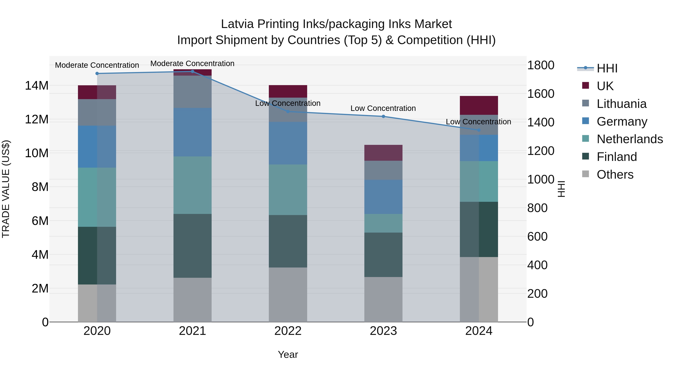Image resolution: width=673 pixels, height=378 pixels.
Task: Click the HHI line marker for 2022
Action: click(288, 112)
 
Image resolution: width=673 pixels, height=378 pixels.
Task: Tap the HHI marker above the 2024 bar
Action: click(479, 130)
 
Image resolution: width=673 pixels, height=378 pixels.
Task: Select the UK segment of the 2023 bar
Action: click(383, 153)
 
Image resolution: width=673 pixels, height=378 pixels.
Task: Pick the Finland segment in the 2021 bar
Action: click(192, 246)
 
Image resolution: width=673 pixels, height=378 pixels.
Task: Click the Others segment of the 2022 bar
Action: click(288, 295)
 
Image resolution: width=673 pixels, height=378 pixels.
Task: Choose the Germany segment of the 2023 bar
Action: click(383, 197)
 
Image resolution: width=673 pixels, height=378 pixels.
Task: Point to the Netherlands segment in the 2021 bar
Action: click(192, 185)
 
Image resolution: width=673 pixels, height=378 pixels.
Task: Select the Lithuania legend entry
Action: click(621, 104)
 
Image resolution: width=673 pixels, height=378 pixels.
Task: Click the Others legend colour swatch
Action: click(586, 174)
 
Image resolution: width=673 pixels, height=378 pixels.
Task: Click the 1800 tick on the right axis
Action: click(540, 65)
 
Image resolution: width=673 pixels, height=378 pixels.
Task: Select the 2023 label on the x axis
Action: click(383, 331)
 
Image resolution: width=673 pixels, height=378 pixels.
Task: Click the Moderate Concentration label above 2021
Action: click(192, 64)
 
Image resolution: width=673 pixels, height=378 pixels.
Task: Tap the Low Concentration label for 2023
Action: click(383, 108)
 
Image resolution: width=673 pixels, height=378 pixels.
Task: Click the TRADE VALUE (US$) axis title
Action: click(6, 189)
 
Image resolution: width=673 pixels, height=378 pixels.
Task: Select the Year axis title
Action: click(288, 354)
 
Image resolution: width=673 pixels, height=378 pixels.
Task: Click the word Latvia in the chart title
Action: click(237, 24)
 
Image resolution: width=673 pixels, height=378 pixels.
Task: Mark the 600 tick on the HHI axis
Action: click(537, 237)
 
